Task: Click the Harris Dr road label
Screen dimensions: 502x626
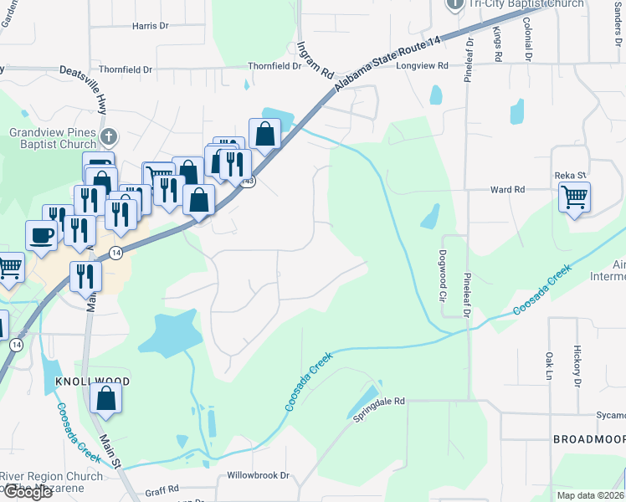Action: (151, 26)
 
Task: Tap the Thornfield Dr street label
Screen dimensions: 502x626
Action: (126, 69)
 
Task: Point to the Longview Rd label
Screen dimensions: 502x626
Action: (423, 65)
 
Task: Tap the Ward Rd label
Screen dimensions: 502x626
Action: (507, 190)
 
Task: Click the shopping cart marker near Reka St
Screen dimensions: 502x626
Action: (574, 197)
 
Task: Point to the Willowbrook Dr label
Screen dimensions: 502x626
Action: (258, 475)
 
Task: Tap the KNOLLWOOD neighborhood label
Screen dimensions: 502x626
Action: (92, 382)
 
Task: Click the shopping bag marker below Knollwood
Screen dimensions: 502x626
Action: (107, 399)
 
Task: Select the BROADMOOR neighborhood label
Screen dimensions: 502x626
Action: (588, 439)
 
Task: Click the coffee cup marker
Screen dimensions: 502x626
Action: (41, 235)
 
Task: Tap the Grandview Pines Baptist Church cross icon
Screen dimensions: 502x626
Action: (108, 136)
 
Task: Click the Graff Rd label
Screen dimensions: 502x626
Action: (162, 488)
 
